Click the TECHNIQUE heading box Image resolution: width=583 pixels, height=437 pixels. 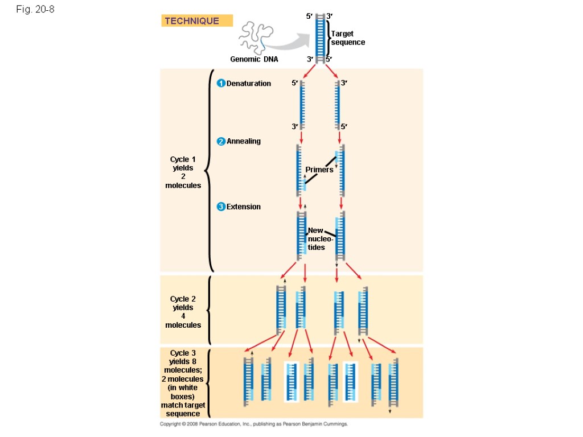pyautogui.click(x=196, y=21)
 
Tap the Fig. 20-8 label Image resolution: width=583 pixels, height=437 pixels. pyautogui.click(x=35, y=9)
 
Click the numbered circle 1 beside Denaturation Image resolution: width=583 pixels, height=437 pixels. pyautogui.click(x=221, y=84)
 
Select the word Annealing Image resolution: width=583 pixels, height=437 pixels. pyautogui.click(x=244, y=141)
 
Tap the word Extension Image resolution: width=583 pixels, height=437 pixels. pyautogui.click(x=244, y=207)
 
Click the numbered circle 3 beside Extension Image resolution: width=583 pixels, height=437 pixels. pyautogui.click(x=221, y=207)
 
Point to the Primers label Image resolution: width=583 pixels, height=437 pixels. pyautogui.click(x=319, y=170)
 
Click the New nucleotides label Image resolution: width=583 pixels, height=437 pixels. pyautogui.click(x=316, y=239)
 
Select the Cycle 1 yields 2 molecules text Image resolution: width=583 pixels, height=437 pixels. pyautogui.click(x=183, y=172)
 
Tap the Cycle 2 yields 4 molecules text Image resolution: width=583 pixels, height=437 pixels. pyautogui.click(x=183, y=312)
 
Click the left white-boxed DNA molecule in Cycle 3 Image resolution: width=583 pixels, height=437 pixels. pyautogui.click(x=291, y=381)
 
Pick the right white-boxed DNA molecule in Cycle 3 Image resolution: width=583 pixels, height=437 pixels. pyautogui.click(x=350, y=381)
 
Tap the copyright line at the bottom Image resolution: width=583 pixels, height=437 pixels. pyautogui.click(x=253, y=424)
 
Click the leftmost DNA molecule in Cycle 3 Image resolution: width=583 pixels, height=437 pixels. pyautogui.click(x=248, y=381)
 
